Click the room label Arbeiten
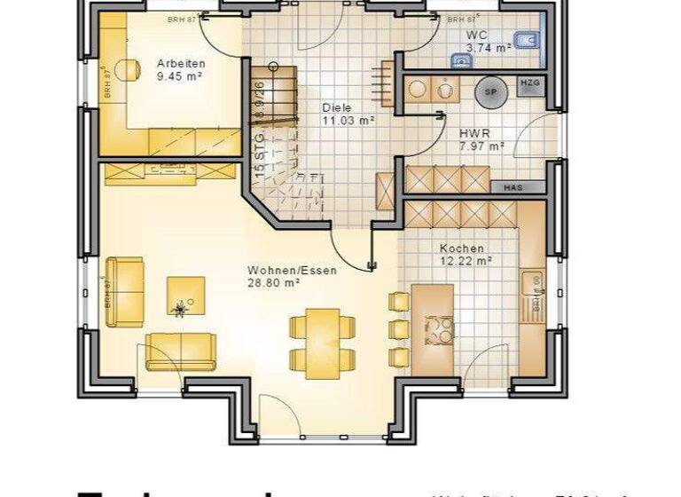(x=181, y=63)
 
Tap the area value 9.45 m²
(x=181, y=76)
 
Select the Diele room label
(x=336, y=107)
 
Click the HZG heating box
(x=529, y=83)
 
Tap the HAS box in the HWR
(x=513, y=188)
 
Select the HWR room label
(x=471, y=134)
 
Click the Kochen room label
(x=462, y=248)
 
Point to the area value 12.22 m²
(x=466, y=261)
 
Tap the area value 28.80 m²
(x=274, y=283)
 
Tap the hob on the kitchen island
(x=438, y=331)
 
